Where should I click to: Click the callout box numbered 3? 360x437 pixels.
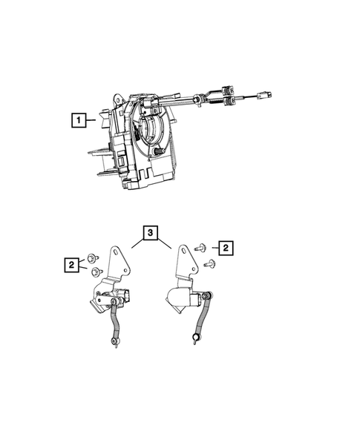point(150,234)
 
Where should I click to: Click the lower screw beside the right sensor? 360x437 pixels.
point(206,263)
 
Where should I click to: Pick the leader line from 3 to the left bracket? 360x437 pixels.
point(132,241)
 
